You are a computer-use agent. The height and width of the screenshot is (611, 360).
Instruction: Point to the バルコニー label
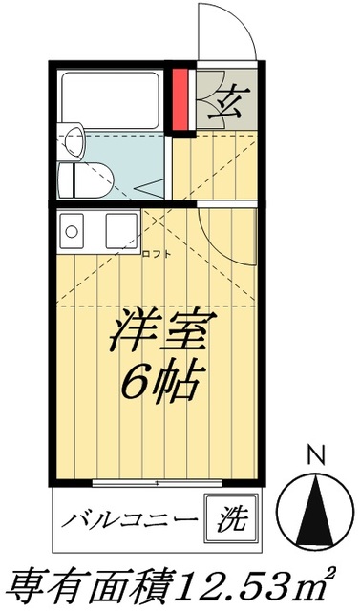coord(131,521)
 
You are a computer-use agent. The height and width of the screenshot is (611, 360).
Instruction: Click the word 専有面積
coord(92,582)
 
